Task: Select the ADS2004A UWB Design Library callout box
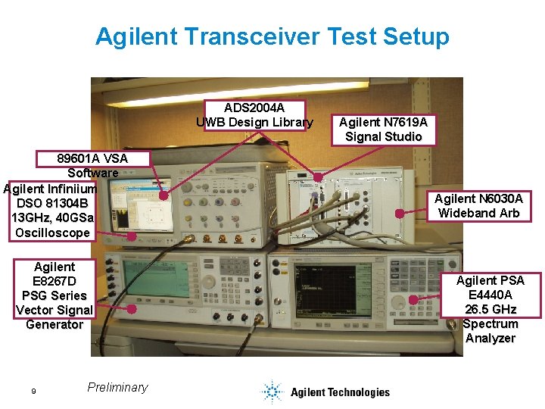pos(254,114)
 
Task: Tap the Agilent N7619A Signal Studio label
pos(383,130)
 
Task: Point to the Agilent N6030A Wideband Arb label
pos(478,206)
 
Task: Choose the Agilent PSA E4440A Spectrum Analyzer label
pos(490,309)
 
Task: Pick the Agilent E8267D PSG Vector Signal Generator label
pos(54,295)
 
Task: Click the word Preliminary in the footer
pos(117,387)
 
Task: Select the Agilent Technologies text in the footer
pos(340,392)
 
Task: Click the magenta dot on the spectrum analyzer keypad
pos(413,299)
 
